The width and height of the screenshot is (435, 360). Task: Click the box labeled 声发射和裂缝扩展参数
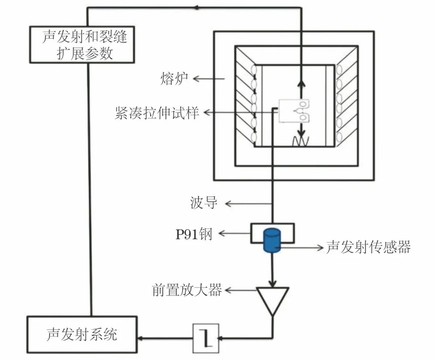[x=82, y=45]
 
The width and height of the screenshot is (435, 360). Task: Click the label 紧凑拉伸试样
[x=157, y=113]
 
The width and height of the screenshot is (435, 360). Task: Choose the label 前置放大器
[x=187, y=290]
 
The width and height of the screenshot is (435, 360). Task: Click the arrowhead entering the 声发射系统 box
[x=141, y=338]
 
